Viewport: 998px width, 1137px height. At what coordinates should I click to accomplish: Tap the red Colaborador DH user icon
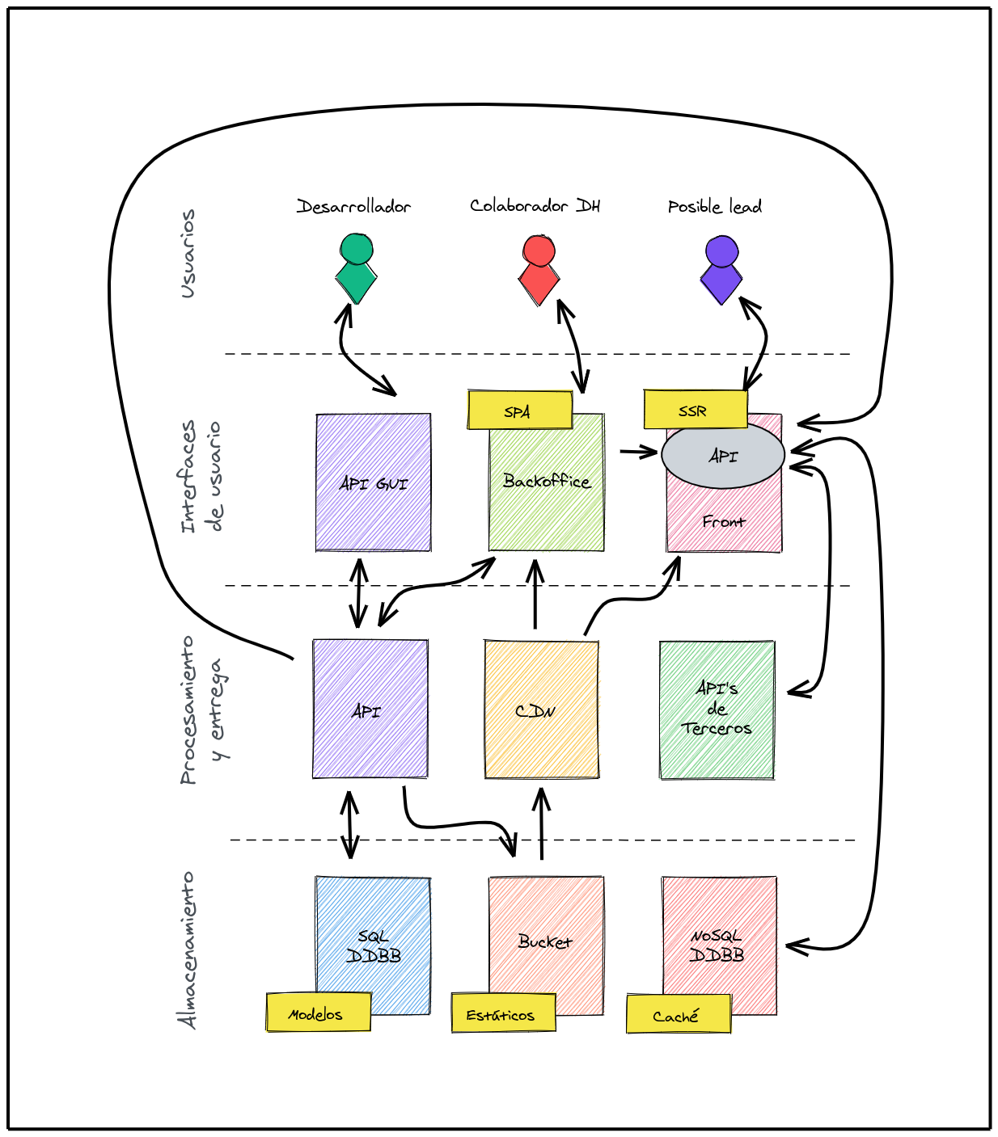pos(539,270)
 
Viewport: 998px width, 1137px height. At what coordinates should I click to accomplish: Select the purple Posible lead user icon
pos(721,270)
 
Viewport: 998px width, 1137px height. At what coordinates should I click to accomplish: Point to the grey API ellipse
pos(722,456)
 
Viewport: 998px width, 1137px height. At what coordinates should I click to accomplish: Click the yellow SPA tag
pos(519,411)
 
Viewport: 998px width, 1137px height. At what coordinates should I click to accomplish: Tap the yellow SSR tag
pos(695,410)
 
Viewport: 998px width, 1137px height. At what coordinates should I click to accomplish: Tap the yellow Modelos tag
pos(318,1013)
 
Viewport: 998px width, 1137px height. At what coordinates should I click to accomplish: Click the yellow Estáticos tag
pos(503,1013)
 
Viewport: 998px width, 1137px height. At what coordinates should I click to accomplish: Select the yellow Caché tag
pos(678,1014)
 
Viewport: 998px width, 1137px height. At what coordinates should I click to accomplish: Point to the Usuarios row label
pos(188,254)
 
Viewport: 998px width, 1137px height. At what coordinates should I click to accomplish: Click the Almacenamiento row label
pos(188,950)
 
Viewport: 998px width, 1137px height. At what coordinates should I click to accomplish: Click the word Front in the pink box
pos(723,522)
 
